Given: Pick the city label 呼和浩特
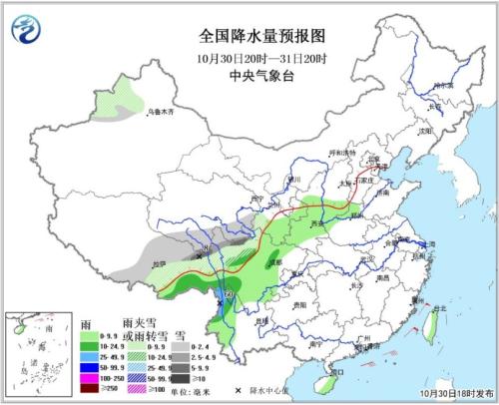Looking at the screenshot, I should click(342, 153).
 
